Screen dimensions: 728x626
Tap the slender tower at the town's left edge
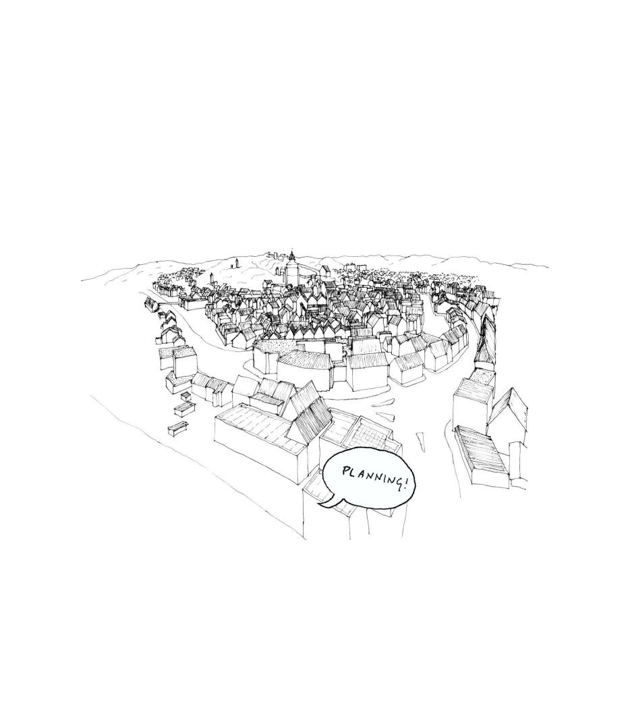click(211, 279)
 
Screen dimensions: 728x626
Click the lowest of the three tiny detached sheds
click(177, 427)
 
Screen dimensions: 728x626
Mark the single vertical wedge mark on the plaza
click(422, 442)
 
